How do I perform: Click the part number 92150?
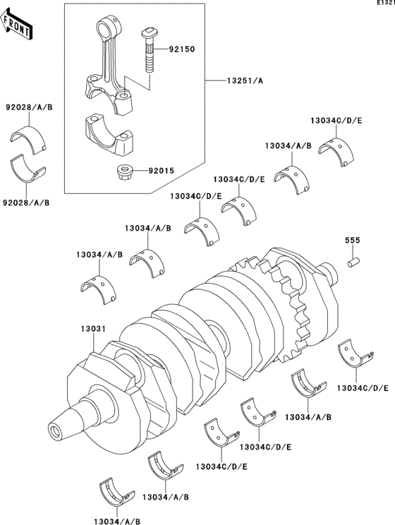[181, 50]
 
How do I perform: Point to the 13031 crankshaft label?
[92, 330]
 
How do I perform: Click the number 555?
[353, 241]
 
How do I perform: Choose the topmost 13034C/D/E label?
[336, 121]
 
